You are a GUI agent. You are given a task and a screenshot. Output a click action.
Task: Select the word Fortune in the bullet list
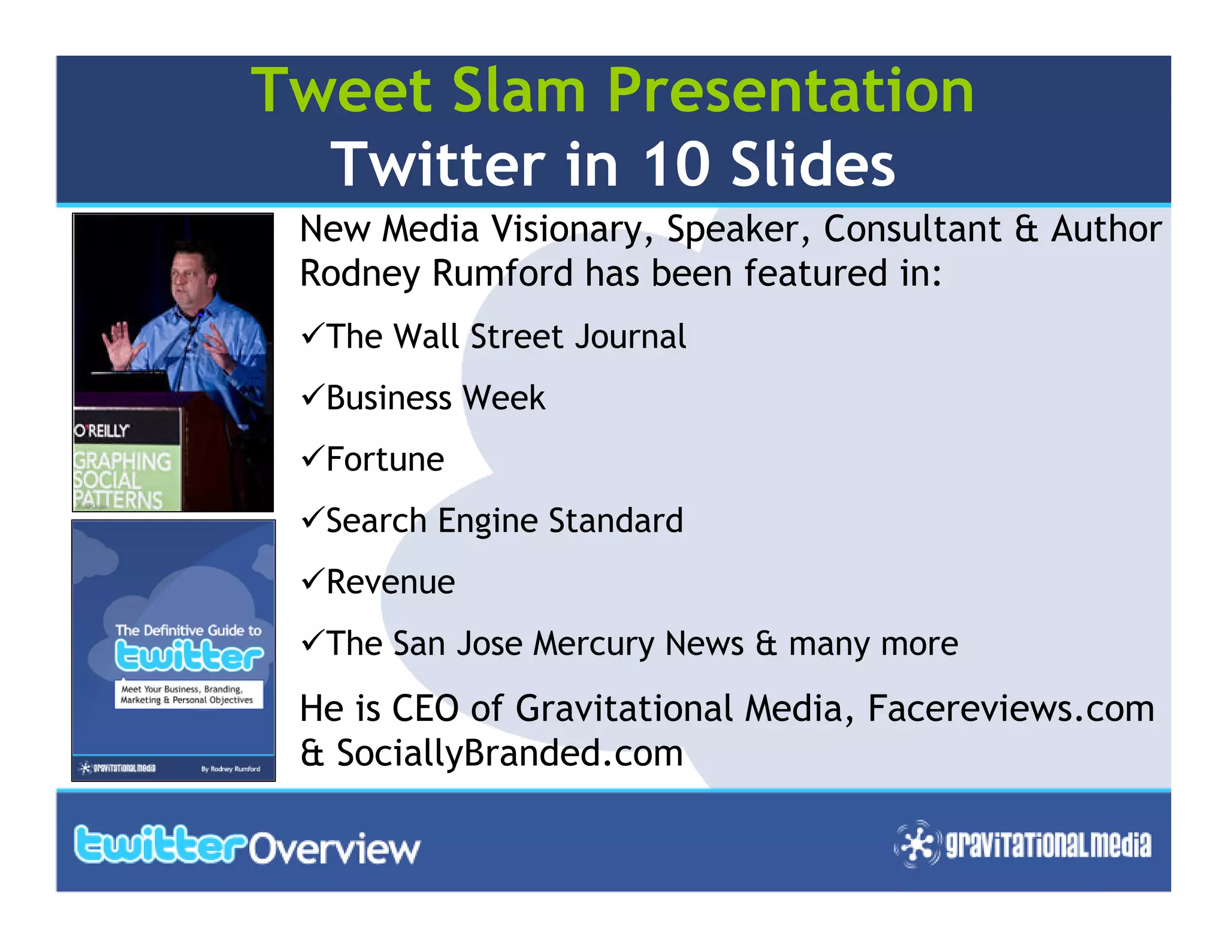[x=385, y=460]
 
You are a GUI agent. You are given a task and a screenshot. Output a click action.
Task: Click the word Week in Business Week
[x=504, y=398]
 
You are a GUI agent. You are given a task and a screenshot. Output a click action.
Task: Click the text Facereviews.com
[x=1011, y=708]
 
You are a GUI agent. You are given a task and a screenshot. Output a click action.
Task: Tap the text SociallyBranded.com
[x=509, y=753]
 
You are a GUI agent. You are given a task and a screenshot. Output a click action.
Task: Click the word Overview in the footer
[x=334, y=848]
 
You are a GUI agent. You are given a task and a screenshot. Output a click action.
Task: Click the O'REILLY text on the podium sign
[x=102, y=430]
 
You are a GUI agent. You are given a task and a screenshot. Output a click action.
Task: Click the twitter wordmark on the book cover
[x=188, y=656]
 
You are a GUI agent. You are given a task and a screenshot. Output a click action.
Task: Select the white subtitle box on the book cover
[x=188, y=695]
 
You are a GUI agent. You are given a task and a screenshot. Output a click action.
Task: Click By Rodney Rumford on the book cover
[x=231, y=769]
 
